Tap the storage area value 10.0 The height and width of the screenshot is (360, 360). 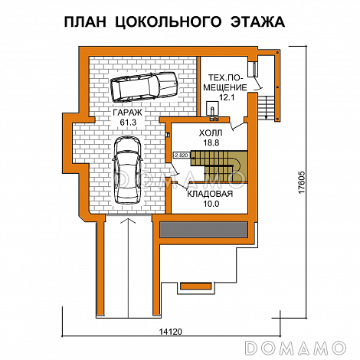[x=209, y=205]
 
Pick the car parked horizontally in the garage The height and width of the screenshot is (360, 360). [x=144, y=86]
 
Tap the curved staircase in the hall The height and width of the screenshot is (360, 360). [x=223, y=162]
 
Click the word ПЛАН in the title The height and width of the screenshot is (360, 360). [x=87, y=21]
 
